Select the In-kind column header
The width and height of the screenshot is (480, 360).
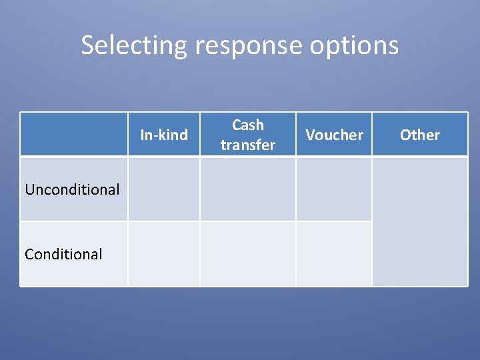click(x=164, y=135)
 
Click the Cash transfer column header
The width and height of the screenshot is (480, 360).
click(x=248, y=135)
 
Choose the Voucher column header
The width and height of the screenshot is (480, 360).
click(x=334, y=135)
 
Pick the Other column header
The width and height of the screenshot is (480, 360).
click(x=420, y=135)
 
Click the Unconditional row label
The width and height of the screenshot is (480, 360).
click(x=72, y=189)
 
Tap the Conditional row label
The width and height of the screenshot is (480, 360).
click(x=63, y=254)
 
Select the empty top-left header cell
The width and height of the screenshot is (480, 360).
click(x=73, y=134)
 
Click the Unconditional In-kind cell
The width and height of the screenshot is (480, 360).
click(x=164, y=189)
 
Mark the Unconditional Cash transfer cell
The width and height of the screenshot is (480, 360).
click(x=248, y=189)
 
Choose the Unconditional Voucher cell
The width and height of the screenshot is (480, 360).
click(x=334, y=189)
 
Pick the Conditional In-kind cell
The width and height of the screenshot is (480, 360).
click(x=164, y=254)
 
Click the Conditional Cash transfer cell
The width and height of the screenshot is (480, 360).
click(x=248, y=254)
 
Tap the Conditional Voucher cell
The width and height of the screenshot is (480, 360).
click(x=334, y=254)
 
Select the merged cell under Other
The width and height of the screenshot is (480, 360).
click(x=420, y=221)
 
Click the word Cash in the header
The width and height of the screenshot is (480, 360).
click(x=248, y=125)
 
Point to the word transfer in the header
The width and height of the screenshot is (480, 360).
click(x=248, y=145)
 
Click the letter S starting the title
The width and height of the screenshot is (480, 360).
click(x=88, y=45)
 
